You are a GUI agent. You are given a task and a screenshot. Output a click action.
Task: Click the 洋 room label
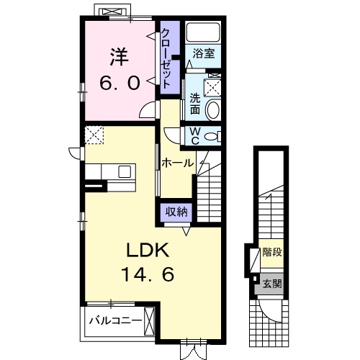click(x=120, y=57)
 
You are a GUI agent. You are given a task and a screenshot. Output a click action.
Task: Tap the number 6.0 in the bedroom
click(x=120, y=83)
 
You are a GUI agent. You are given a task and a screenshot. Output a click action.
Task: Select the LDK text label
click(x=148, y=250)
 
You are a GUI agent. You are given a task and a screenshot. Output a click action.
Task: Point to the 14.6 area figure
click(x=148, y=274)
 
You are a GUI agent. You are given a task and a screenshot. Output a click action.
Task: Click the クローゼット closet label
click(x=166, y=58)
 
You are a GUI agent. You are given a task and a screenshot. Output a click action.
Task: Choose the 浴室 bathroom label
click(x=204, y=53)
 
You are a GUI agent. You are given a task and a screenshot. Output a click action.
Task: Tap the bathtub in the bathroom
click(x=203, y=32)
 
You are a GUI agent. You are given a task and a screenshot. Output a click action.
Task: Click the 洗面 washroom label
click(x=195, y=104)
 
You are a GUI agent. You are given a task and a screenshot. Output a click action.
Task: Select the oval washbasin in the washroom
click(x=213, y=110)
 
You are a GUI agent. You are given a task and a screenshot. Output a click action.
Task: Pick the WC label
click(x=195, y=136)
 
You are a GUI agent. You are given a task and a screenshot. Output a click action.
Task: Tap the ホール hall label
click(x=177, y=163)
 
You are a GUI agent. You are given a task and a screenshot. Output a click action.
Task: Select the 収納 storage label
click(x=176, y=212)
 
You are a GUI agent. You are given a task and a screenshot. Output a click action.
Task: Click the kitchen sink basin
click(x=125, y=171)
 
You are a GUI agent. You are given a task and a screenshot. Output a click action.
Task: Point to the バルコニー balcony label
click(x=114, y=320)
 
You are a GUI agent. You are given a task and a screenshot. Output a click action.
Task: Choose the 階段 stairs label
click(x=272, y=252)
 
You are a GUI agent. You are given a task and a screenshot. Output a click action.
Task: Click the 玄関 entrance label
click(x=272, y=284)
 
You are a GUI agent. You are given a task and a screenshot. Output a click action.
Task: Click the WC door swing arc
click(x=171, y=136)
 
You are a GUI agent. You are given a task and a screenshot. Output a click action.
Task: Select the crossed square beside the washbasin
click(x=212, y=88)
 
